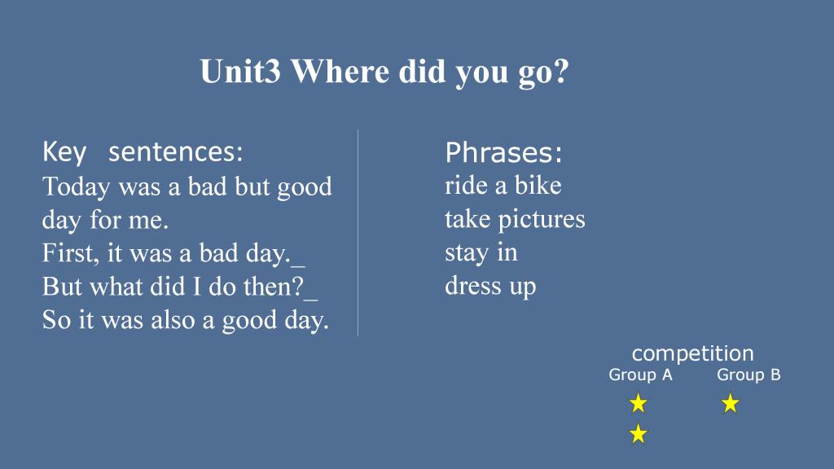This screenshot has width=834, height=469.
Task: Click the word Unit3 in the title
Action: (x=240, y=72)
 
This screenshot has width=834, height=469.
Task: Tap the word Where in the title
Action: (x=340, y=72)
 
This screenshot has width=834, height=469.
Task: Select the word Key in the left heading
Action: (x=64, y=152)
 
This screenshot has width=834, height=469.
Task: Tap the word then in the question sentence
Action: (x=273, y=287)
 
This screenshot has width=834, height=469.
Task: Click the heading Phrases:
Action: (x=503, y=152)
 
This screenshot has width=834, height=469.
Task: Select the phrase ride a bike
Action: (x=503, y=186)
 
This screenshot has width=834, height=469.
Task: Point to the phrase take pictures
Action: (x=515, y=220)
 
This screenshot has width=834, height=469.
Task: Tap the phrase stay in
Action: (x=481, y=253)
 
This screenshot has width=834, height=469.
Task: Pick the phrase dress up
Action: (x=490, y=287)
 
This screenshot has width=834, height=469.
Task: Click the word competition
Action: (x=692, y=353)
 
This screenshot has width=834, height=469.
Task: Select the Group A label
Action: (x=640, y=375)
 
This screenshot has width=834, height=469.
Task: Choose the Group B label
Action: (x=748, y=375)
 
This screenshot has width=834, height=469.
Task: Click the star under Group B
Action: (x=731, y=404)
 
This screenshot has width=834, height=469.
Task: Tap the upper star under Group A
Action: (x=639, y=404)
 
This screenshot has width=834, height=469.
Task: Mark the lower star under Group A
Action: (x=639, y=434)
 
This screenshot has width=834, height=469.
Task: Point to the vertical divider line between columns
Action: (x=358, y=232)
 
